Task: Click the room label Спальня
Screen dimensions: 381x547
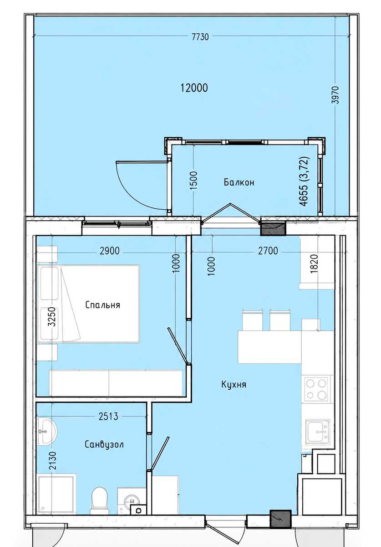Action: coord(103,305)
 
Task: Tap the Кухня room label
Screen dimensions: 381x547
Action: coord(234,385)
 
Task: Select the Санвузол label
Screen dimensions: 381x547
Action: coord(104,444)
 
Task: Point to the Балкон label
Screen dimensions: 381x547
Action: coord(239,182)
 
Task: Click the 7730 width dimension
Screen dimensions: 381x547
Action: coord(200,37)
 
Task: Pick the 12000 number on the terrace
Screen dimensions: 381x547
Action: coord(194,88)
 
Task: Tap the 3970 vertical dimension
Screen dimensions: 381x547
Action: coord(336,95)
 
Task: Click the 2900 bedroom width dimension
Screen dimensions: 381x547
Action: coord(110,251)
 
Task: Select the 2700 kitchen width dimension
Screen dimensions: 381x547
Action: coord(268,251)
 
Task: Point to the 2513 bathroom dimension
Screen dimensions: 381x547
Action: coord(108,417)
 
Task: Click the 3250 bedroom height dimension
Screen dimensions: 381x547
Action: coord(52,317)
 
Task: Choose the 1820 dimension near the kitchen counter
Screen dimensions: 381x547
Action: coord(315,264)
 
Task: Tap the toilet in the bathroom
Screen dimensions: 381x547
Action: coord(99,501)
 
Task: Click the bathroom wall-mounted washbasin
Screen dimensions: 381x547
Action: coord(46,432)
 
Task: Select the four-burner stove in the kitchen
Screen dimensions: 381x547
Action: coord(317,389)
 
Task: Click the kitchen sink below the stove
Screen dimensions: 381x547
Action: coord(318,432)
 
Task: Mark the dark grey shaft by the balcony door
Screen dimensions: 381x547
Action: coord(273,228)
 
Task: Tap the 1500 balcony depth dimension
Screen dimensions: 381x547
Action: coord(193,181)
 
